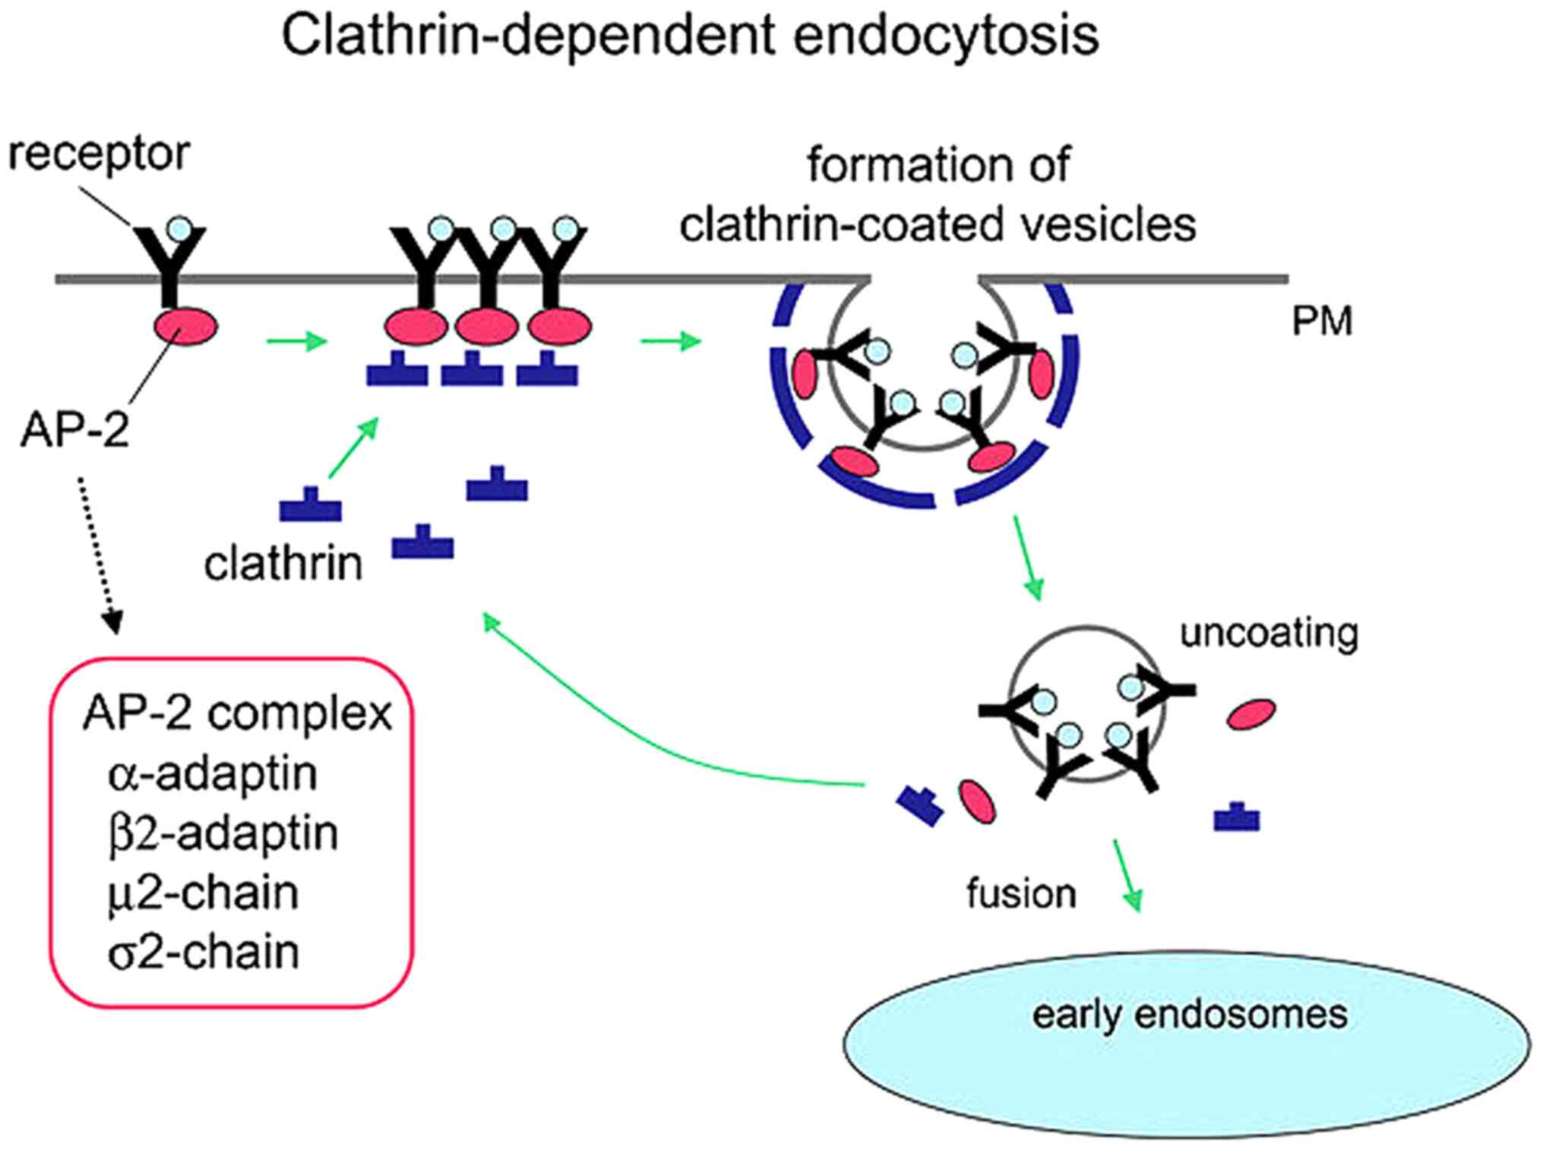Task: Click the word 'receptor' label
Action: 99,155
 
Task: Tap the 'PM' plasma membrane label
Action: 1322,321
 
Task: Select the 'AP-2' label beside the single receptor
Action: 74,430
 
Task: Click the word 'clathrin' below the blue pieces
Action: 283,564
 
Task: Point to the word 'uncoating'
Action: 1269,633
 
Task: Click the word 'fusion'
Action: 1021,894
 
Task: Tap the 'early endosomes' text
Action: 1189,1015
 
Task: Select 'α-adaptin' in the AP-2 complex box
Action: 213,774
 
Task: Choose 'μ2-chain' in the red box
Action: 203,893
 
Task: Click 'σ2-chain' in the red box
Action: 203,953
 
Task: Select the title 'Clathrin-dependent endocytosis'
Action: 690,35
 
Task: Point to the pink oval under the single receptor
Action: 186,326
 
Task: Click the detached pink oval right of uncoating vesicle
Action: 1251,714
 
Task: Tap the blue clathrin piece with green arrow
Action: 310,505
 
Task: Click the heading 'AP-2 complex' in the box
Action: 237,714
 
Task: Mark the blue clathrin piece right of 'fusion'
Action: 1237,817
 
